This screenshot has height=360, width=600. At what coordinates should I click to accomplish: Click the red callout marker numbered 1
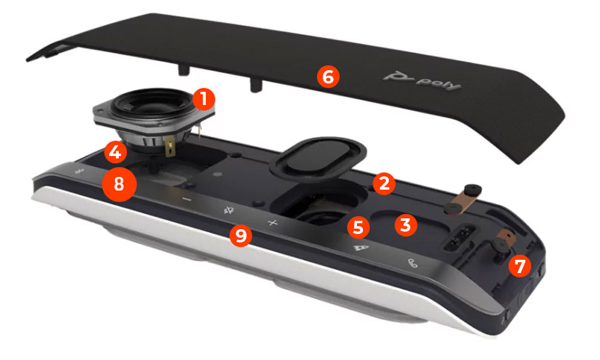pyautogui.click(x=204, y=98)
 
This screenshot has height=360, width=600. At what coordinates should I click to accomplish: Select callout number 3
pyautogui.click(x=406, y=226)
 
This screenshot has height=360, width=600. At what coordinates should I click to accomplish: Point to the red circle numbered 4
pyautogui.click(x=115, y=152)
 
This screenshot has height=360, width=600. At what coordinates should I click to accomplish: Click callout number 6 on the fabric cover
pyautogui.click(x=328, y=77)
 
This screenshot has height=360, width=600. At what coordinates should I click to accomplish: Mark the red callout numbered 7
pyautogui.click(x=520, y=265)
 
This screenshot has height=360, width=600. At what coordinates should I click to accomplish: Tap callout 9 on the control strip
pyautogui.click(x=241, y=235)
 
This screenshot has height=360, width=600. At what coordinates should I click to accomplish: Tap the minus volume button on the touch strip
pyautogui.click(x=187, y=199)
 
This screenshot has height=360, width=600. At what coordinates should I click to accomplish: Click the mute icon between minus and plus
pyautogui.click(x=229, y=210)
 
